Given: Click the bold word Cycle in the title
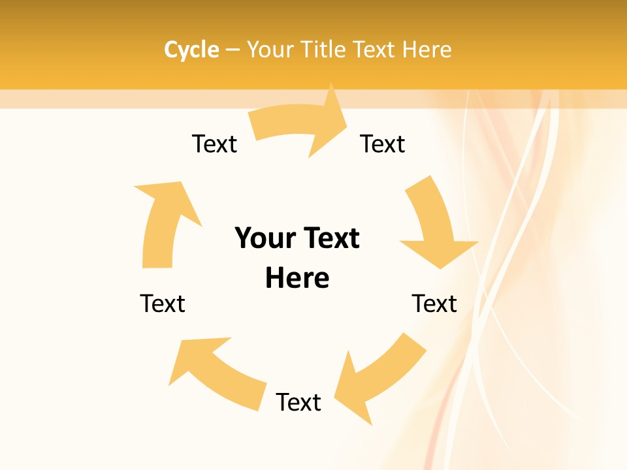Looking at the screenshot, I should coord(191,50).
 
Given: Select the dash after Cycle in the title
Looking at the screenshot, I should coord(233,50).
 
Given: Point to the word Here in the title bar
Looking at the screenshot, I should coord(426,50).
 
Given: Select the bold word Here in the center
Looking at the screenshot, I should coord(297,279).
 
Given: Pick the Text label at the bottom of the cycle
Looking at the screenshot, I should coord(298,402).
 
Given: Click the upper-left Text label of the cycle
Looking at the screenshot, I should coord(214,144).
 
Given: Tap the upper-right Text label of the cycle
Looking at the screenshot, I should coord(383,144).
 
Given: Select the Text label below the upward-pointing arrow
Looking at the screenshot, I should coord(163,304).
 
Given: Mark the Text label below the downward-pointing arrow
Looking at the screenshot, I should coord(434,304).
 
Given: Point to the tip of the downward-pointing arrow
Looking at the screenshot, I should coord(442,268).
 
